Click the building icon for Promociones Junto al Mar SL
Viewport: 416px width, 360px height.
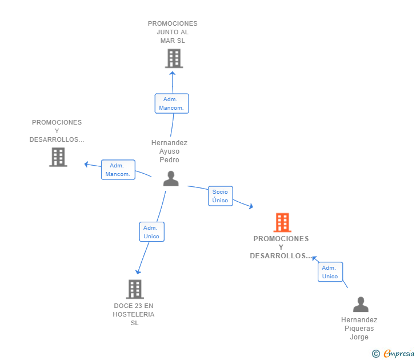coord(173,58)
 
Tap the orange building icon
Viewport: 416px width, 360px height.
coord(282,222)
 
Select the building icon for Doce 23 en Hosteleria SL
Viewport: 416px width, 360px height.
coord(134,289)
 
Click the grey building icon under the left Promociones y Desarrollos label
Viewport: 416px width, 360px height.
coord(58,157)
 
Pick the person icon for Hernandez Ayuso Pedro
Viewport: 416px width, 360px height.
coord(170,179)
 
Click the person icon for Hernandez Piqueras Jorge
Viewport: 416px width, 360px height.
coord(360,305)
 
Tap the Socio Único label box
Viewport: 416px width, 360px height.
coord(220,196)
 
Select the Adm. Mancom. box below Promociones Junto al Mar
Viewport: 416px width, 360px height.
coord(171,103)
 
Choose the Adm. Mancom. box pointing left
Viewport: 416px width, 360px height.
coord(118,170)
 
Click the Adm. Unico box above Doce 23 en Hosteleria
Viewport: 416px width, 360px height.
coord(151,232)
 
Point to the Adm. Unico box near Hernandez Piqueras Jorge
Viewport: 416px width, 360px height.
coord(330,272)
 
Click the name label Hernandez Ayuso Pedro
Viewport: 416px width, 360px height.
coord(169,151)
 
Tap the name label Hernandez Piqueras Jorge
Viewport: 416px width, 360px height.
coord(359,329)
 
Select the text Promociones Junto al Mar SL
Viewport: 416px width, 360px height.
coord(173,32)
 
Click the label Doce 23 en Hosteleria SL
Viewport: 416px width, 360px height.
coord(134,314)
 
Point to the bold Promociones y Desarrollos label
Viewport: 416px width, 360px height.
coord(281,247)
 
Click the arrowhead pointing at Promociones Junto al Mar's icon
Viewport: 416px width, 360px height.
coord(173,73)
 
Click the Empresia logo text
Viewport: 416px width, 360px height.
coord(399,353)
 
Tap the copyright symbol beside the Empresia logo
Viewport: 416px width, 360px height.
coord(375,354)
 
